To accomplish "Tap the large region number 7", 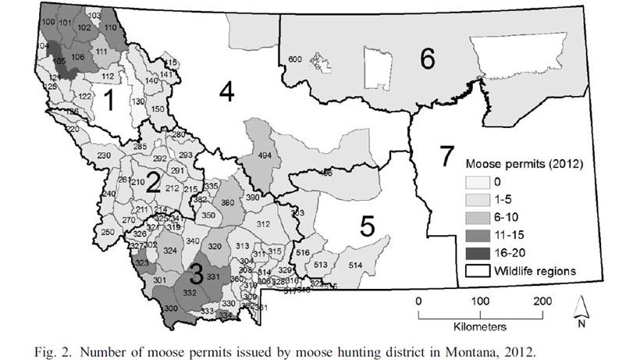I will coord(445,156).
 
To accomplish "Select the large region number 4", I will coord(226,92).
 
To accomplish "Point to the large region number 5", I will coord(368,226).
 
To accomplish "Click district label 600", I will coord(295,59).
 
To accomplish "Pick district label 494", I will coord(265,155).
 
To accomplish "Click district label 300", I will coord(169,309).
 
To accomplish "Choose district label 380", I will coord(228,202).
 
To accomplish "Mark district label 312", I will coord(263,225).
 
